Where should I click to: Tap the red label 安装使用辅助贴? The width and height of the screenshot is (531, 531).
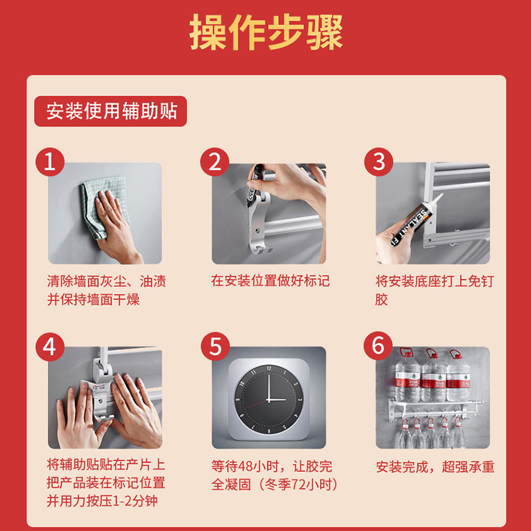pyautogui.click(x=111, y=111)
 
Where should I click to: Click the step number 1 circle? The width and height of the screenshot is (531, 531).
pyautogui.click(x=50, y=162)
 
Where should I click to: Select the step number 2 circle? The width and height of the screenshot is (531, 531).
pyautogui.click(x=214, y=162)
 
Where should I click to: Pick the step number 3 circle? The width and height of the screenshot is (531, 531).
pyautogui.click(x=378, y=162)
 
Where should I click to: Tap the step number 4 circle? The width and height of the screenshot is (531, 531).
pyautogui.click(x=50, y=346)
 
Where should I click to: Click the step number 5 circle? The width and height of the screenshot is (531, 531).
pyautogui.click(x=214, y=346)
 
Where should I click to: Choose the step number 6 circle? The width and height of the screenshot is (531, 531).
pyautogui.click(x=378, y=346)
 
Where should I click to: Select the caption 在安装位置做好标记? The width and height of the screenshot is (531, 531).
pyautogui.click(x=269, y=281)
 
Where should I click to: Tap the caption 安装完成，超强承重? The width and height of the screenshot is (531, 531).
pyautogui.click(x=435, y=467)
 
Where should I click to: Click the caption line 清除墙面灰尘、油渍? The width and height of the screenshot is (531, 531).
pyautogui.click(x=106, y=281)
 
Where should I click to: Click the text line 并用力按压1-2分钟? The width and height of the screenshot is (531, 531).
pyautogui.click(x=102, y=501)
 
